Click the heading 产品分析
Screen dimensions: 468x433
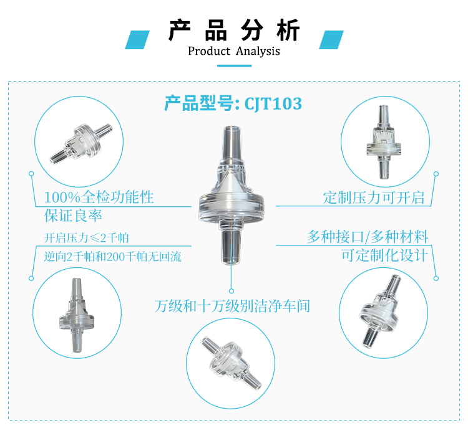234,30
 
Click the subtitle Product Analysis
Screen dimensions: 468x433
234,51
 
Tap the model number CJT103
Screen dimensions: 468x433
273,103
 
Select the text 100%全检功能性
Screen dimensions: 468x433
99,197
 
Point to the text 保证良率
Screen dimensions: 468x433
73,215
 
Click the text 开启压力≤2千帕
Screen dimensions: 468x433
86,238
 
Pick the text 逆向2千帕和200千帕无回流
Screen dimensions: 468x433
112,256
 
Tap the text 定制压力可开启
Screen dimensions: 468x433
374,197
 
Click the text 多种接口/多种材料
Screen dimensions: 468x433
368,237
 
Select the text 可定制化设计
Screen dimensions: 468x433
385,255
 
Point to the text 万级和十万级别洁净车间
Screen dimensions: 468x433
232,306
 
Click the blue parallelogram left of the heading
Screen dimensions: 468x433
137,40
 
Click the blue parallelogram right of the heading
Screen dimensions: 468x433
331,40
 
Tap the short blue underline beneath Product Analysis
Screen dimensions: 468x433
234,65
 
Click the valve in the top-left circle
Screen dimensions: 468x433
81,143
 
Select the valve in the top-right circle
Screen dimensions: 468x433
384,142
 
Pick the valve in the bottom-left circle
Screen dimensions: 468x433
77,315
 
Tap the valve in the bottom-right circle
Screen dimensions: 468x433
379,312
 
